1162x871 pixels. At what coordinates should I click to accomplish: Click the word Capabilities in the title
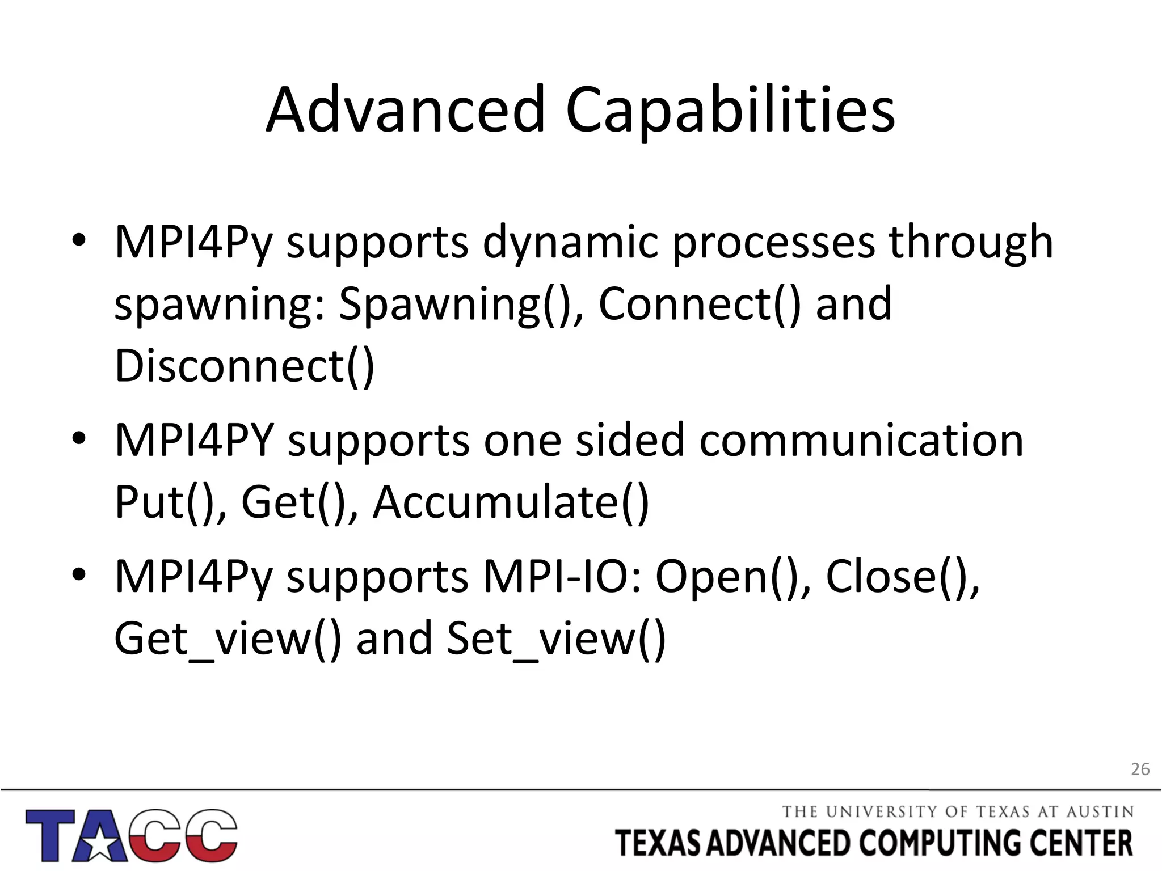click(730, 111)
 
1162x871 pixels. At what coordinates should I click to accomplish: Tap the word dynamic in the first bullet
click(570, 242)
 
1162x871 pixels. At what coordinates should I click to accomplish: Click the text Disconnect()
click(245, 366)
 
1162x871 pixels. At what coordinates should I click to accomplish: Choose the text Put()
click(170, 502)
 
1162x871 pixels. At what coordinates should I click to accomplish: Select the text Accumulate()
click(511, 502)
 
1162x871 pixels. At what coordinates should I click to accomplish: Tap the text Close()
click(902, 577)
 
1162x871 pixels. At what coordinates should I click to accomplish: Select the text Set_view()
click(556, 639)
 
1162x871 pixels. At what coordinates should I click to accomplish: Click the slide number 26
click(1140, 769)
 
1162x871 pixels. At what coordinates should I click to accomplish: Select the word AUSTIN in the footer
click(1100, 812)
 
